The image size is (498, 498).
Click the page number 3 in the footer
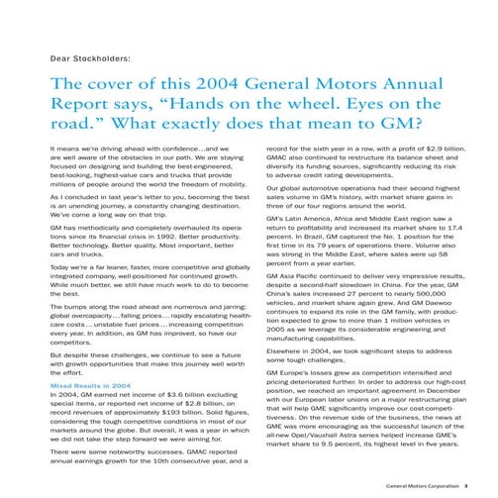pyautogui.click(x=479, y=486)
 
